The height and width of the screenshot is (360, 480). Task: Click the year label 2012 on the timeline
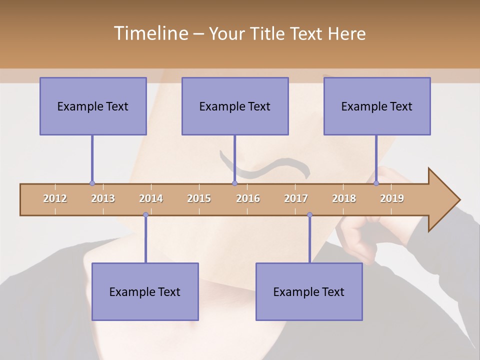55,198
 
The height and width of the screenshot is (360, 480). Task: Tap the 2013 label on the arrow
103,198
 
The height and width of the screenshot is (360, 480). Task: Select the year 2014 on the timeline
151,198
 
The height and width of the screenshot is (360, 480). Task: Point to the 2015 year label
199,198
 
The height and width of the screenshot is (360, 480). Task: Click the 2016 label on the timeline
248,198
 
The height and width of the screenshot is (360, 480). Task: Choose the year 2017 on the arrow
296,198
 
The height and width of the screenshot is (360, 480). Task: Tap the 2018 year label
344,198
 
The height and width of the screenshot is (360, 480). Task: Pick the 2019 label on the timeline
392,198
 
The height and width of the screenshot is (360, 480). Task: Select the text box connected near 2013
93,106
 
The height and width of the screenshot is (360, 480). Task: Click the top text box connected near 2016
235,106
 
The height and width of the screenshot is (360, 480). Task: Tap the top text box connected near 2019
377,106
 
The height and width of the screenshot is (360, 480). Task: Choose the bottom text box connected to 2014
145,291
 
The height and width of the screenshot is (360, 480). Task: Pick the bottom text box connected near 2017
309,291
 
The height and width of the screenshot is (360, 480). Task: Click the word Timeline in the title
150,33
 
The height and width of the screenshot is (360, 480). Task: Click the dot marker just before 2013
92,183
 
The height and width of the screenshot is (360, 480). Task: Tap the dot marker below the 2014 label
145,215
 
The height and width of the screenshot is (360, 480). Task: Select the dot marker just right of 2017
309,215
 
